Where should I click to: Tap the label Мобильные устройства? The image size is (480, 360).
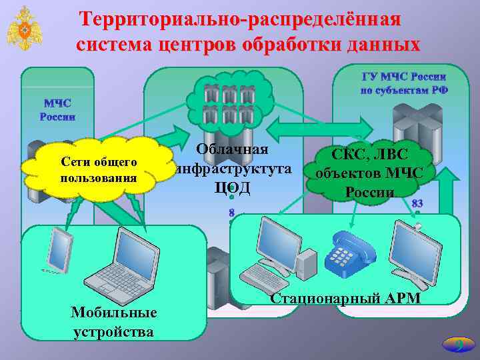pyautogui.click(x=114, y=322)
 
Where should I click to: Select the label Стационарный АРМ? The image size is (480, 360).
pyautogui.click(x=345, y=298)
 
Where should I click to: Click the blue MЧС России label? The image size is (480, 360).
pyautogui.click(x=58, y=110)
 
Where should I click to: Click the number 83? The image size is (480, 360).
pyautogui.click(x=418, y=203)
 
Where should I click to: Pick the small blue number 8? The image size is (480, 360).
pyautogui.click(x=231, y=213)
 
